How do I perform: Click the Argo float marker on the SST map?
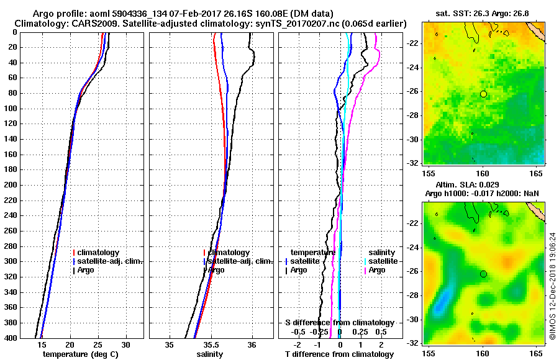pos(483,94)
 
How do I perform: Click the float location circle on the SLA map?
pos(483,274)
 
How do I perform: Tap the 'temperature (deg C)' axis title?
pos(82,354)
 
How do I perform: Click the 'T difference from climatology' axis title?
pos(339,354)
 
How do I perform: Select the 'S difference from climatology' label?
pos(339,323)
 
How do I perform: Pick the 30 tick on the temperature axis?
pos(125,344)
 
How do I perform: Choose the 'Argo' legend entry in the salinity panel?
pos(217,270)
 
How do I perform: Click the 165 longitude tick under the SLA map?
pos(537,353)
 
